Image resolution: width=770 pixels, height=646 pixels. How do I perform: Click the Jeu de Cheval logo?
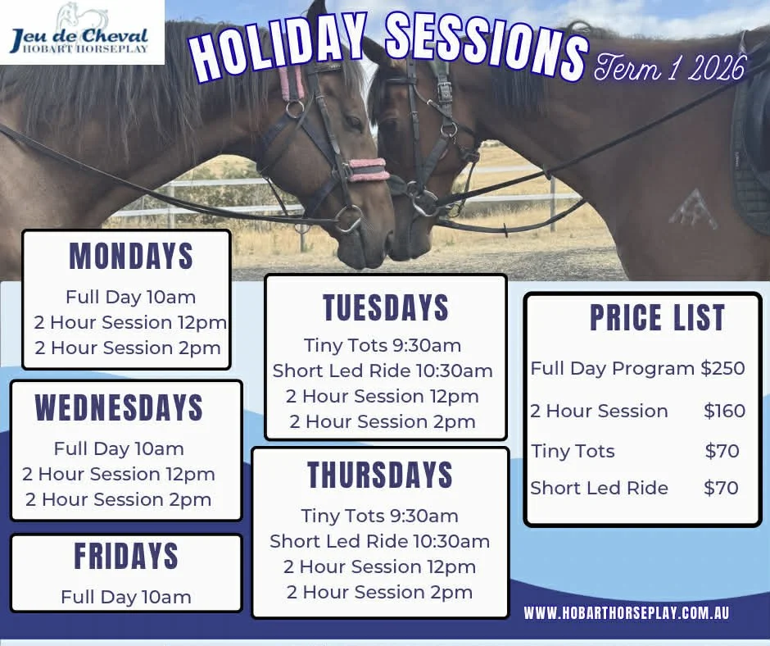80,32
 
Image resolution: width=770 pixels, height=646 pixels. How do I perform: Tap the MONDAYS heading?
131,257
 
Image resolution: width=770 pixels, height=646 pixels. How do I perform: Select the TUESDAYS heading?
386,307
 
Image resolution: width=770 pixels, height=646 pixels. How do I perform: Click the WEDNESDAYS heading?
119,407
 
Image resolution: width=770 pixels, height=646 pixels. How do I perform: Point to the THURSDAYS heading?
380,475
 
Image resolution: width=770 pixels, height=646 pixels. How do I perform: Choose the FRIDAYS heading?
126,557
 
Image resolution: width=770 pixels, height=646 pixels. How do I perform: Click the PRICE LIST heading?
657,318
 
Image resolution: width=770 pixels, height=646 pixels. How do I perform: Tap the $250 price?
722,369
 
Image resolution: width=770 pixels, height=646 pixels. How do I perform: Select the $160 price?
724,411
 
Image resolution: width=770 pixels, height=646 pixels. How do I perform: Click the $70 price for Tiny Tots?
722,451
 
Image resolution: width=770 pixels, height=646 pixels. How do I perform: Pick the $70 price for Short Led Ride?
721,488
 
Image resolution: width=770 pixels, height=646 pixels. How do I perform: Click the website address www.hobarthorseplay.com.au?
627,613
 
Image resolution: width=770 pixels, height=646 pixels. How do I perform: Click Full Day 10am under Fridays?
126,597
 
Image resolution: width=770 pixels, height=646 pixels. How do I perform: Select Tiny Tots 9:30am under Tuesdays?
383,345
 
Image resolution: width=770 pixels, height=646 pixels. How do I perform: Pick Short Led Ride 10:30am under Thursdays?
380,541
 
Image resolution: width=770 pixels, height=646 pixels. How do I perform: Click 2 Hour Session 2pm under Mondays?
128,348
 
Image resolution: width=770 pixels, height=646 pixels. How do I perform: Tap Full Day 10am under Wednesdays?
119,448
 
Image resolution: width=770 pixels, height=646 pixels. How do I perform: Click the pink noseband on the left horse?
368,169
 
